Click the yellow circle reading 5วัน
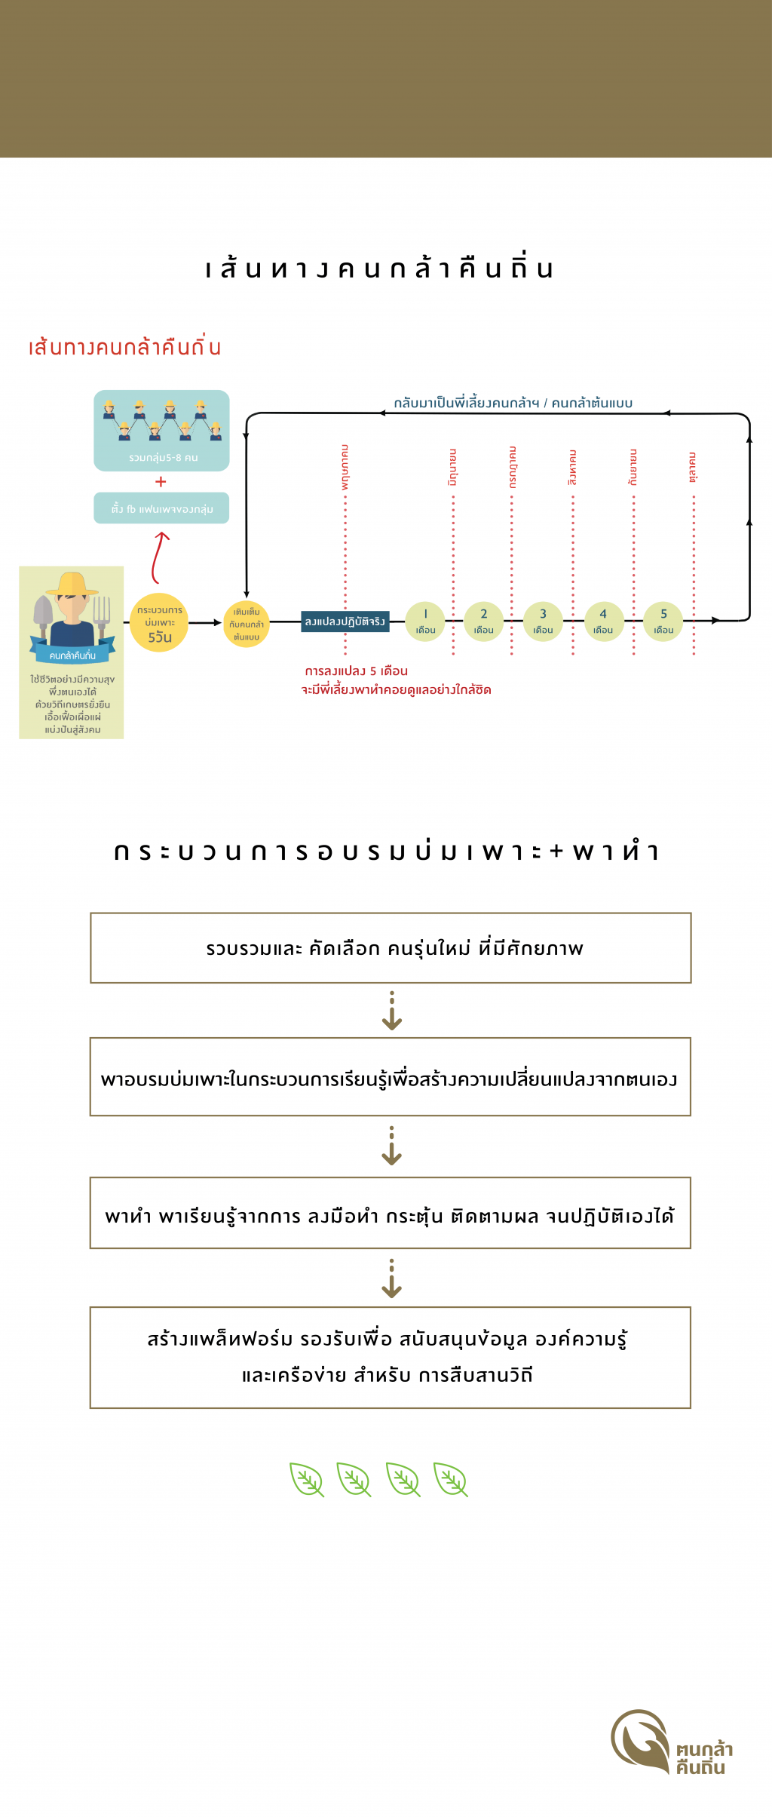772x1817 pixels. pyautogui.click(x=159, y=623)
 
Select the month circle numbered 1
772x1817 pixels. pyautogui.click(x=425, y=622)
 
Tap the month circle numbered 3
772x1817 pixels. pyautogui.click(x=543, y=622)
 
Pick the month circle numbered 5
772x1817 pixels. pyautogui.click(x=663, y=622)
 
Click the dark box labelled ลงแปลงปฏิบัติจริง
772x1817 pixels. pyautogui.click(x=345, y=622)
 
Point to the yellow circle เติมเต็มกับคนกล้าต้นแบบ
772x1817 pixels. pyautogui.click(x=247, y=624)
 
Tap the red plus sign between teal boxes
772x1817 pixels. pyautogui.click(x=161, y=482)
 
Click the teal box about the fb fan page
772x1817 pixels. pyautogui.click(x=161, y=508)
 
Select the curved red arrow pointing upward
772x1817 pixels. pyautogui.click(x=158, y=557)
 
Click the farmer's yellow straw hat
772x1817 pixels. pyautogui.click(x=72, y=585)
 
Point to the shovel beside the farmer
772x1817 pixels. pyautogui.click(x=43, y=611)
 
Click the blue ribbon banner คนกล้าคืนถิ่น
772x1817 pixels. pyautogui.click(x=72, y=655)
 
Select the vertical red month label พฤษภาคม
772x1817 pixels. pyautogui.click(x=345, y=468)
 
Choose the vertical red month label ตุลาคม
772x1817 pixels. pyautogui.click(x=693, y=468)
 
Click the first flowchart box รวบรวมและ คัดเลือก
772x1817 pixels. pyautogui.click(x=391, y=948)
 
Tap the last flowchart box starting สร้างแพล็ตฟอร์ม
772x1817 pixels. pyautogui.click(x=391, y=1358)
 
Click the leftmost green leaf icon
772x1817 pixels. pyautogui.click(x=307, y=1479)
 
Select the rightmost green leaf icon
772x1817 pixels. pyautogui.click(x=451, y=1479)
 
